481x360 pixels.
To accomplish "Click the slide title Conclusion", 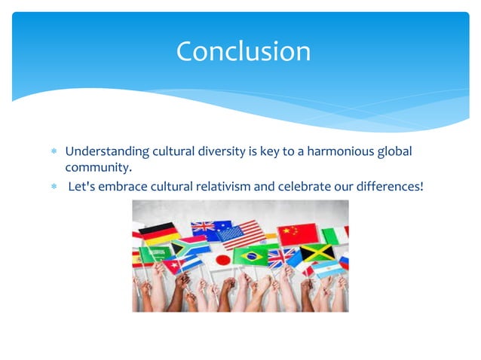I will [243, 51].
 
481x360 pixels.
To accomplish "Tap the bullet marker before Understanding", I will [54, 152].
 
